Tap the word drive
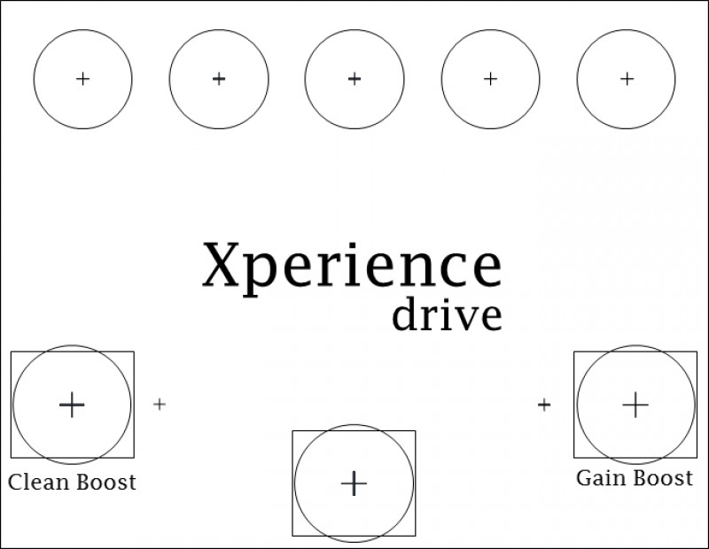(447, 315)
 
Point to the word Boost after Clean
(105, 483)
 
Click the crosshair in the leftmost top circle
(83, 79)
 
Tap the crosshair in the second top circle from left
(219, 79)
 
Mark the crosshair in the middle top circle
(354, 79)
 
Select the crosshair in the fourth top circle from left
(490, 79)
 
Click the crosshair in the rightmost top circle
(627, 79)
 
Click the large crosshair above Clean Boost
(71, 405)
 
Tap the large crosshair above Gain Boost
(635, 405)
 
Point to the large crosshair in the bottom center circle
(354, 483)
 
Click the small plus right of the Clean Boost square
(160, 405)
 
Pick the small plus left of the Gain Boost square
(544, 405)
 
